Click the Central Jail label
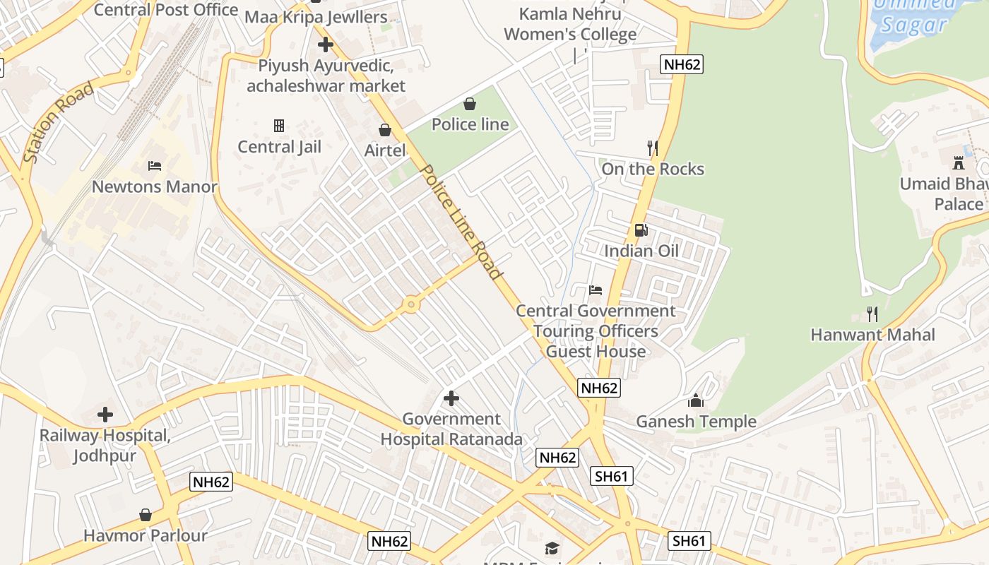click(279, 147)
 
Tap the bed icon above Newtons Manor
click(155, 166)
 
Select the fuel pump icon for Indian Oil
click(641, 230)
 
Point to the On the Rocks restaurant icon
click(653, 148)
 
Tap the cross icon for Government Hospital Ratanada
click(451, 399)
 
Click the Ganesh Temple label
click(696, 422)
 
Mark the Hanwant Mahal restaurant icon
click(872, 314)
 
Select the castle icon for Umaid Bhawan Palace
click(958, 162)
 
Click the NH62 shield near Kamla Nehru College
click(682, 65)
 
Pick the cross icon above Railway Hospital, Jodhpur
click(105, 415)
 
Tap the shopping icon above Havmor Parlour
click(146, 515)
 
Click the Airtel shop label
click(385, 150)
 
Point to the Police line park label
click(470, 124)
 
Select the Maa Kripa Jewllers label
click(316, 17)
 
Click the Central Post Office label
click(166, 10)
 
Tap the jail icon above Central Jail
click(279, 126)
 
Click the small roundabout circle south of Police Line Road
click(410, 305)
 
